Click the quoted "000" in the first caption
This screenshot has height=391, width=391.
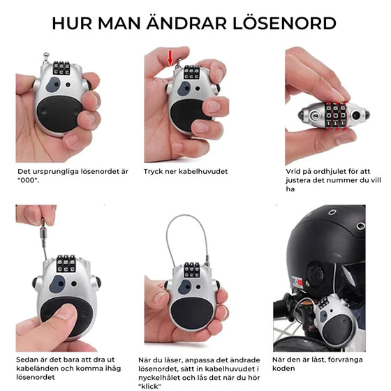click(x=29, y=179)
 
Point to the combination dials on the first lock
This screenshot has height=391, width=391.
click(x=61, y=68)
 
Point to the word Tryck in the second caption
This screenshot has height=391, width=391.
click(x=154, y=171)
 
